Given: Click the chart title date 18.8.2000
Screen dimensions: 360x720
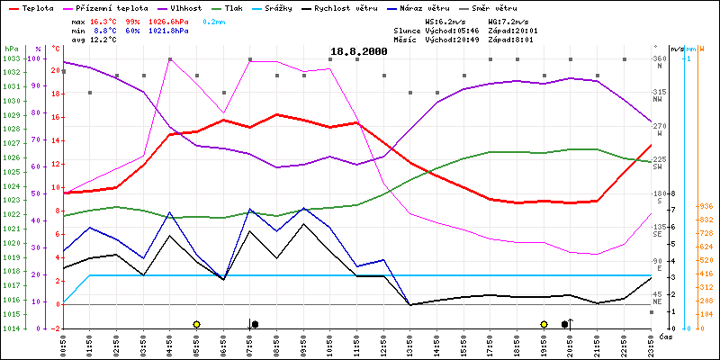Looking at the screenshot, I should [358, 52].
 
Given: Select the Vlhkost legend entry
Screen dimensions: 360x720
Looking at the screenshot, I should [186, 7].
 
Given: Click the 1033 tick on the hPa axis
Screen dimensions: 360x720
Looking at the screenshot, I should [11, 58].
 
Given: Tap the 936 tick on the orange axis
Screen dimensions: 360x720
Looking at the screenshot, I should [706, 206].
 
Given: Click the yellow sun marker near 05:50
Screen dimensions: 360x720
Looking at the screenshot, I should [196, 324].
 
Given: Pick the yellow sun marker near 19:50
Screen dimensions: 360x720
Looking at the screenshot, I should [544, 324].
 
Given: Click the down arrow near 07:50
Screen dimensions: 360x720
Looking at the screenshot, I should [250, 323].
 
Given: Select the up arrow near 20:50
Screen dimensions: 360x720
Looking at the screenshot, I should [571, 323].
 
